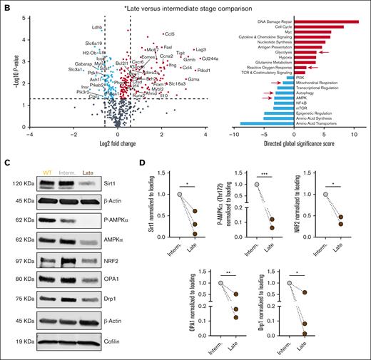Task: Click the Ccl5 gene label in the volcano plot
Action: [169, 34]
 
